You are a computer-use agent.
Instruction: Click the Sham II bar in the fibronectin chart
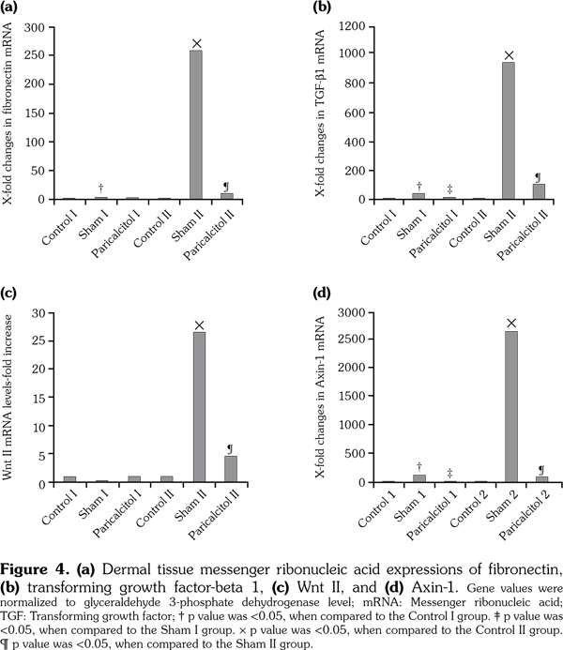pyautogui.click(x=196, y=125)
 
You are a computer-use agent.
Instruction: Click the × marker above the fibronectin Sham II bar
pyautogui.click(x=197, y=43)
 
